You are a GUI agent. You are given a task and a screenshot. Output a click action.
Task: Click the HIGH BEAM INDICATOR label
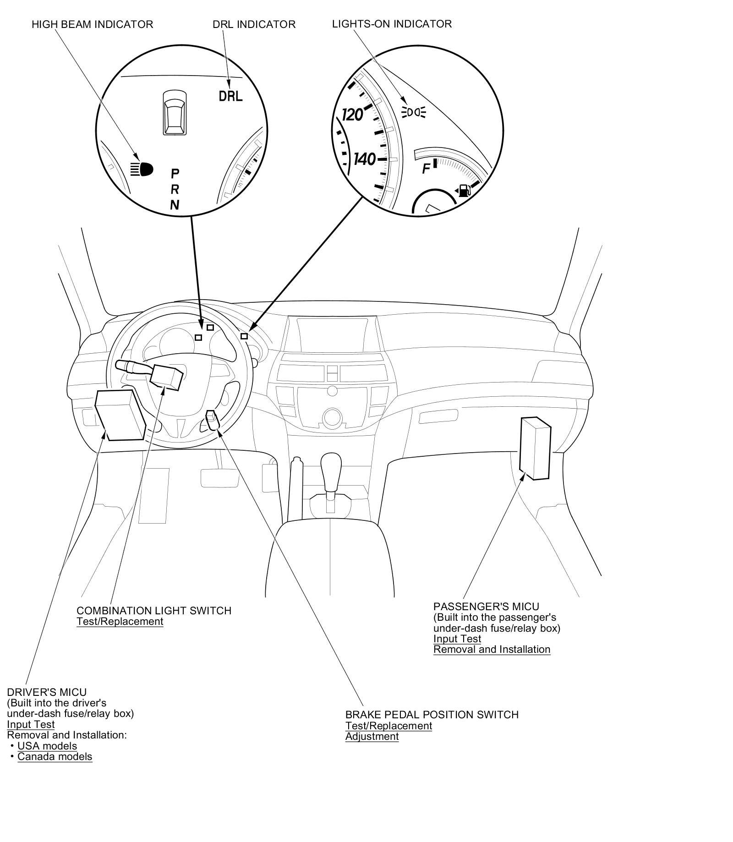click(x=92, y=24)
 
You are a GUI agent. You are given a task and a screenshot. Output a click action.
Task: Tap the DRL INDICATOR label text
click(x=254, y=24)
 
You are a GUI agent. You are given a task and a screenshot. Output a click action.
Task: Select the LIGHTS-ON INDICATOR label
click(x=392, y=24)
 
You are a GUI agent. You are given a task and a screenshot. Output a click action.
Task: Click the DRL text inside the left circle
click(x=230, y=96)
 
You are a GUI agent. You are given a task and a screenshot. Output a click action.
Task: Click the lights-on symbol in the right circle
click(x=414, y=112)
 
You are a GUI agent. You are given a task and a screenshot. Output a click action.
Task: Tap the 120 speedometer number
click(x=353, y=115)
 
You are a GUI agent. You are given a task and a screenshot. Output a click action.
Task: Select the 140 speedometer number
click(x=365, y=159)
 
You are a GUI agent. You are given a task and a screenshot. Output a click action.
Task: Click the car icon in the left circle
click(x=175, y=112)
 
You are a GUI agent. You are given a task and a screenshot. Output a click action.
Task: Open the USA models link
click(x=47, y=745)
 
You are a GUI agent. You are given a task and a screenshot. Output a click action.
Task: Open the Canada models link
click(x=55, y=756)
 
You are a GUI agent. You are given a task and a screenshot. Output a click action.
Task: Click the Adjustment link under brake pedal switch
click(x=372, y=736)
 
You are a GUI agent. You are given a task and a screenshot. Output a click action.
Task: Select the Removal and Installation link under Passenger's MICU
click(x=492, y=649)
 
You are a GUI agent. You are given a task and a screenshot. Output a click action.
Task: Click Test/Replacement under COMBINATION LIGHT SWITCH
click(x=120, y=621)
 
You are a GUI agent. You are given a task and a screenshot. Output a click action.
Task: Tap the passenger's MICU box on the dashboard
click(x=535, y=448)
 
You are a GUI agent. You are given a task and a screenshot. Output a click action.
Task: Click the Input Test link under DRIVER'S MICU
click(x=31, y=724)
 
